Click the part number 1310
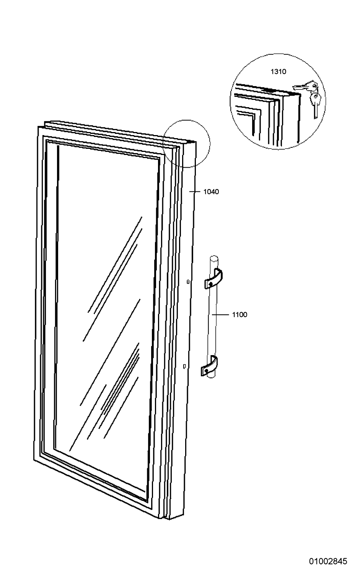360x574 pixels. pyautogui.click(x=278, y=72)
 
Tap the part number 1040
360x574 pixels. pyautogui.click(x=211, y=192)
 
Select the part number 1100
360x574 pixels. pyautogui.click(x=239, y=315)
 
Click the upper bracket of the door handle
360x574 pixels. pyautogui.click(x=213, y=279)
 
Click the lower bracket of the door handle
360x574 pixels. pyautogui.click(x=209, y=366)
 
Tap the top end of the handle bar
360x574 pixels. pyautogui.click(x=214, y=257)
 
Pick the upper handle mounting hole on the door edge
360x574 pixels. pyautogui.click(x=188, y=282)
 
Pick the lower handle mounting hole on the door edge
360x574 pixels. pyautogui.click(x=184, y=367)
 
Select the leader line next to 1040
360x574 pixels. pyautogui.click(x=195, y=191)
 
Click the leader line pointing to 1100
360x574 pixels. pyautogui.click(x=220, y=315)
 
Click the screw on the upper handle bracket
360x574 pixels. pyautogui.click(x=210, y=284)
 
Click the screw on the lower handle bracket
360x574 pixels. pyautogui.click(x=206, y=370)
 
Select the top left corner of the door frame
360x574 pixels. pyautogui.click(x=38, y=126)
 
